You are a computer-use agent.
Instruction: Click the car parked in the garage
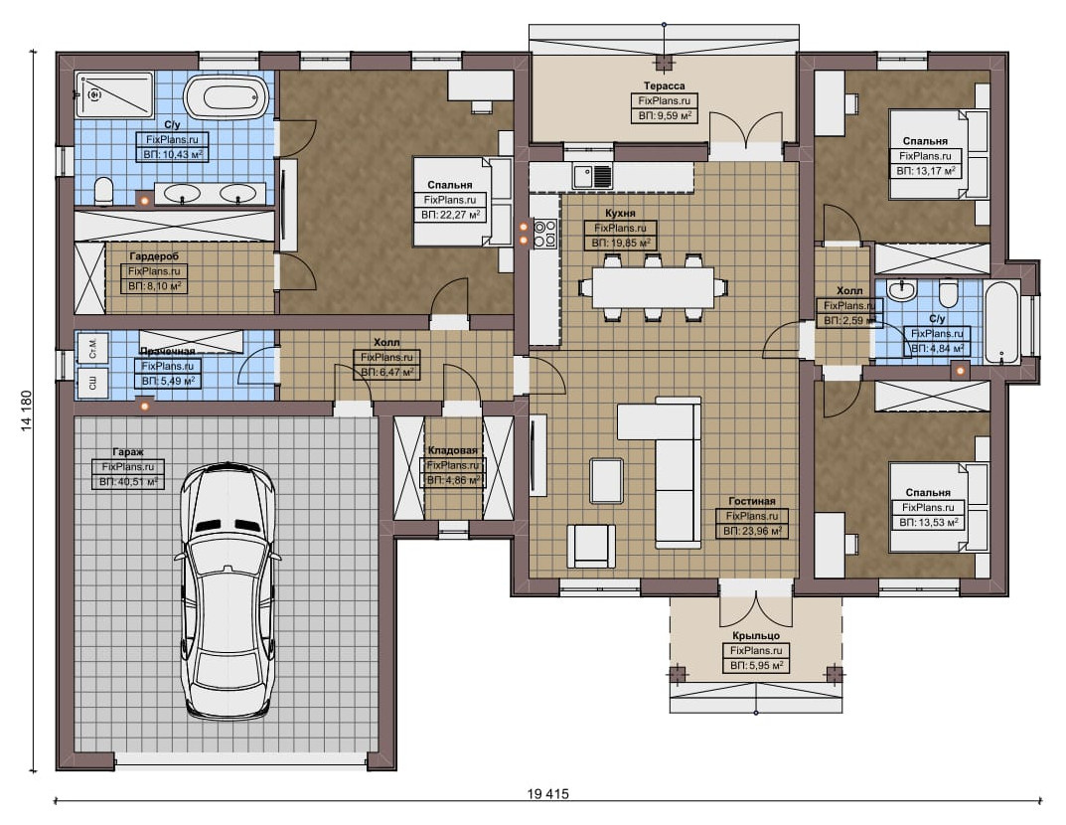pos(229,590)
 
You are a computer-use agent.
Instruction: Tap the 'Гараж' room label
pos(128,452)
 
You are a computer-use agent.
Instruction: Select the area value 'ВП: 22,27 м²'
pos(451,215)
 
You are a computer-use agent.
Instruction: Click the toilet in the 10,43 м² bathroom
pos(103,191)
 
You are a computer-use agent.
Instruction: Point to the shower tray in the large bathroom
pos(114,95)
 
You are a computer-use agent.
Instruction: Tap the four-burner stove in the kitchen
pos(544,233)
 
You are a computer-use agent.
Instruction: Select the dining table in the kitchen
pos(653,287)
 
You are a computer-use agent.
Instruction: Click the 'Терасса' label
pos(665,85)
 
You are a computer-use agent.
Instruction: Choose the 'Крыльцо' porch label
pos(756,635)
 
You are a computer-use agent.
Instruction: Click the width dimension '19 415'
pos(547,794)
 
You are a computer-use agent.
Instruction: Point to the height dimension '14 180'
pos(27,411)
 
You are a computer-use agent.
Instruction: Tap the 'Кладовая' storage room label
pos(452,450)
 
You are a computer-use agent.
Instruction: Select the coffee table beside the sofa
pos(606,481)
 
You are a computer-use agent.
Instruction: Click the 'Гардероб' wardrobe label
pos(154,256)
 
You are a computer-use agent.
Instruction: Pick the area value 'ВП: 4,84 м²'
pos(937,348)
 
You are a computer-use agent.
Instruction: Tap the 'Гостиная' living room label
pos(751,501)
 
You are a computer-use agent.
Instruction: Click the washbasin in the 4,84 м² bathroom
pos(901,290)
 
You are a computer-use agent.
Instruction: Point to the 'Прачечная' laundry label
pos(167,351)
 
